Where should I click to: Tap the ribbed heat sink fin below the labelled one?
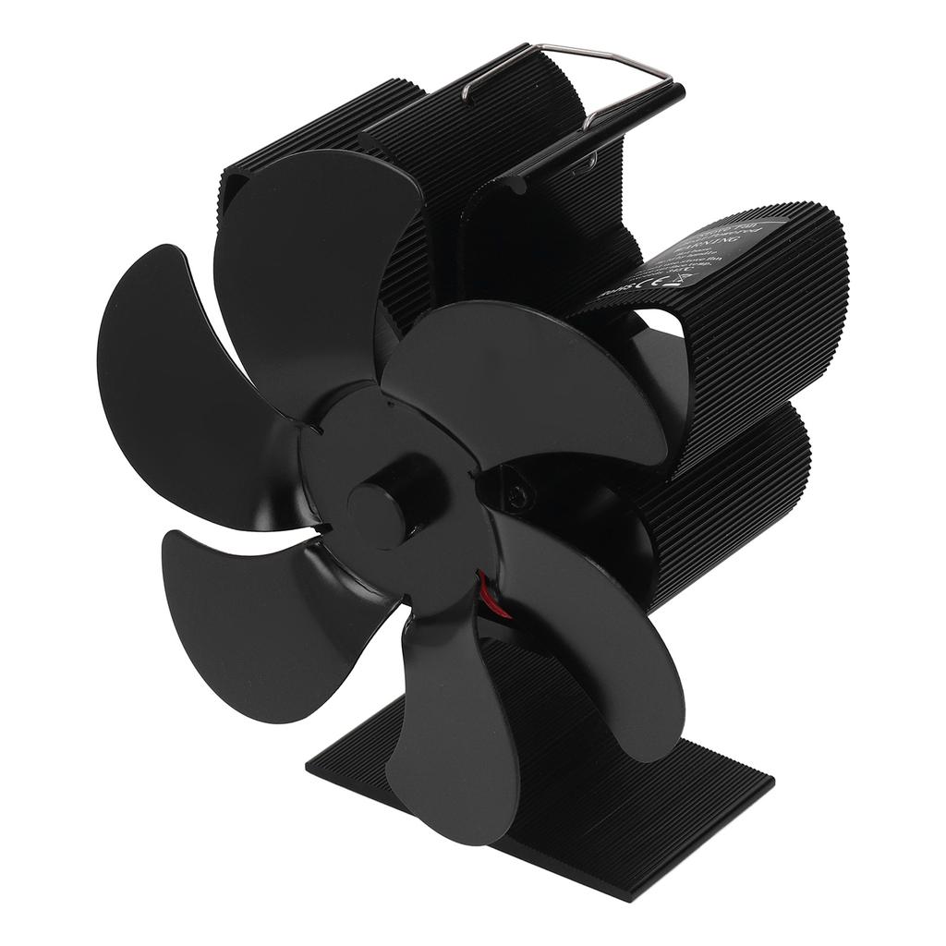click(730, 499)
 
